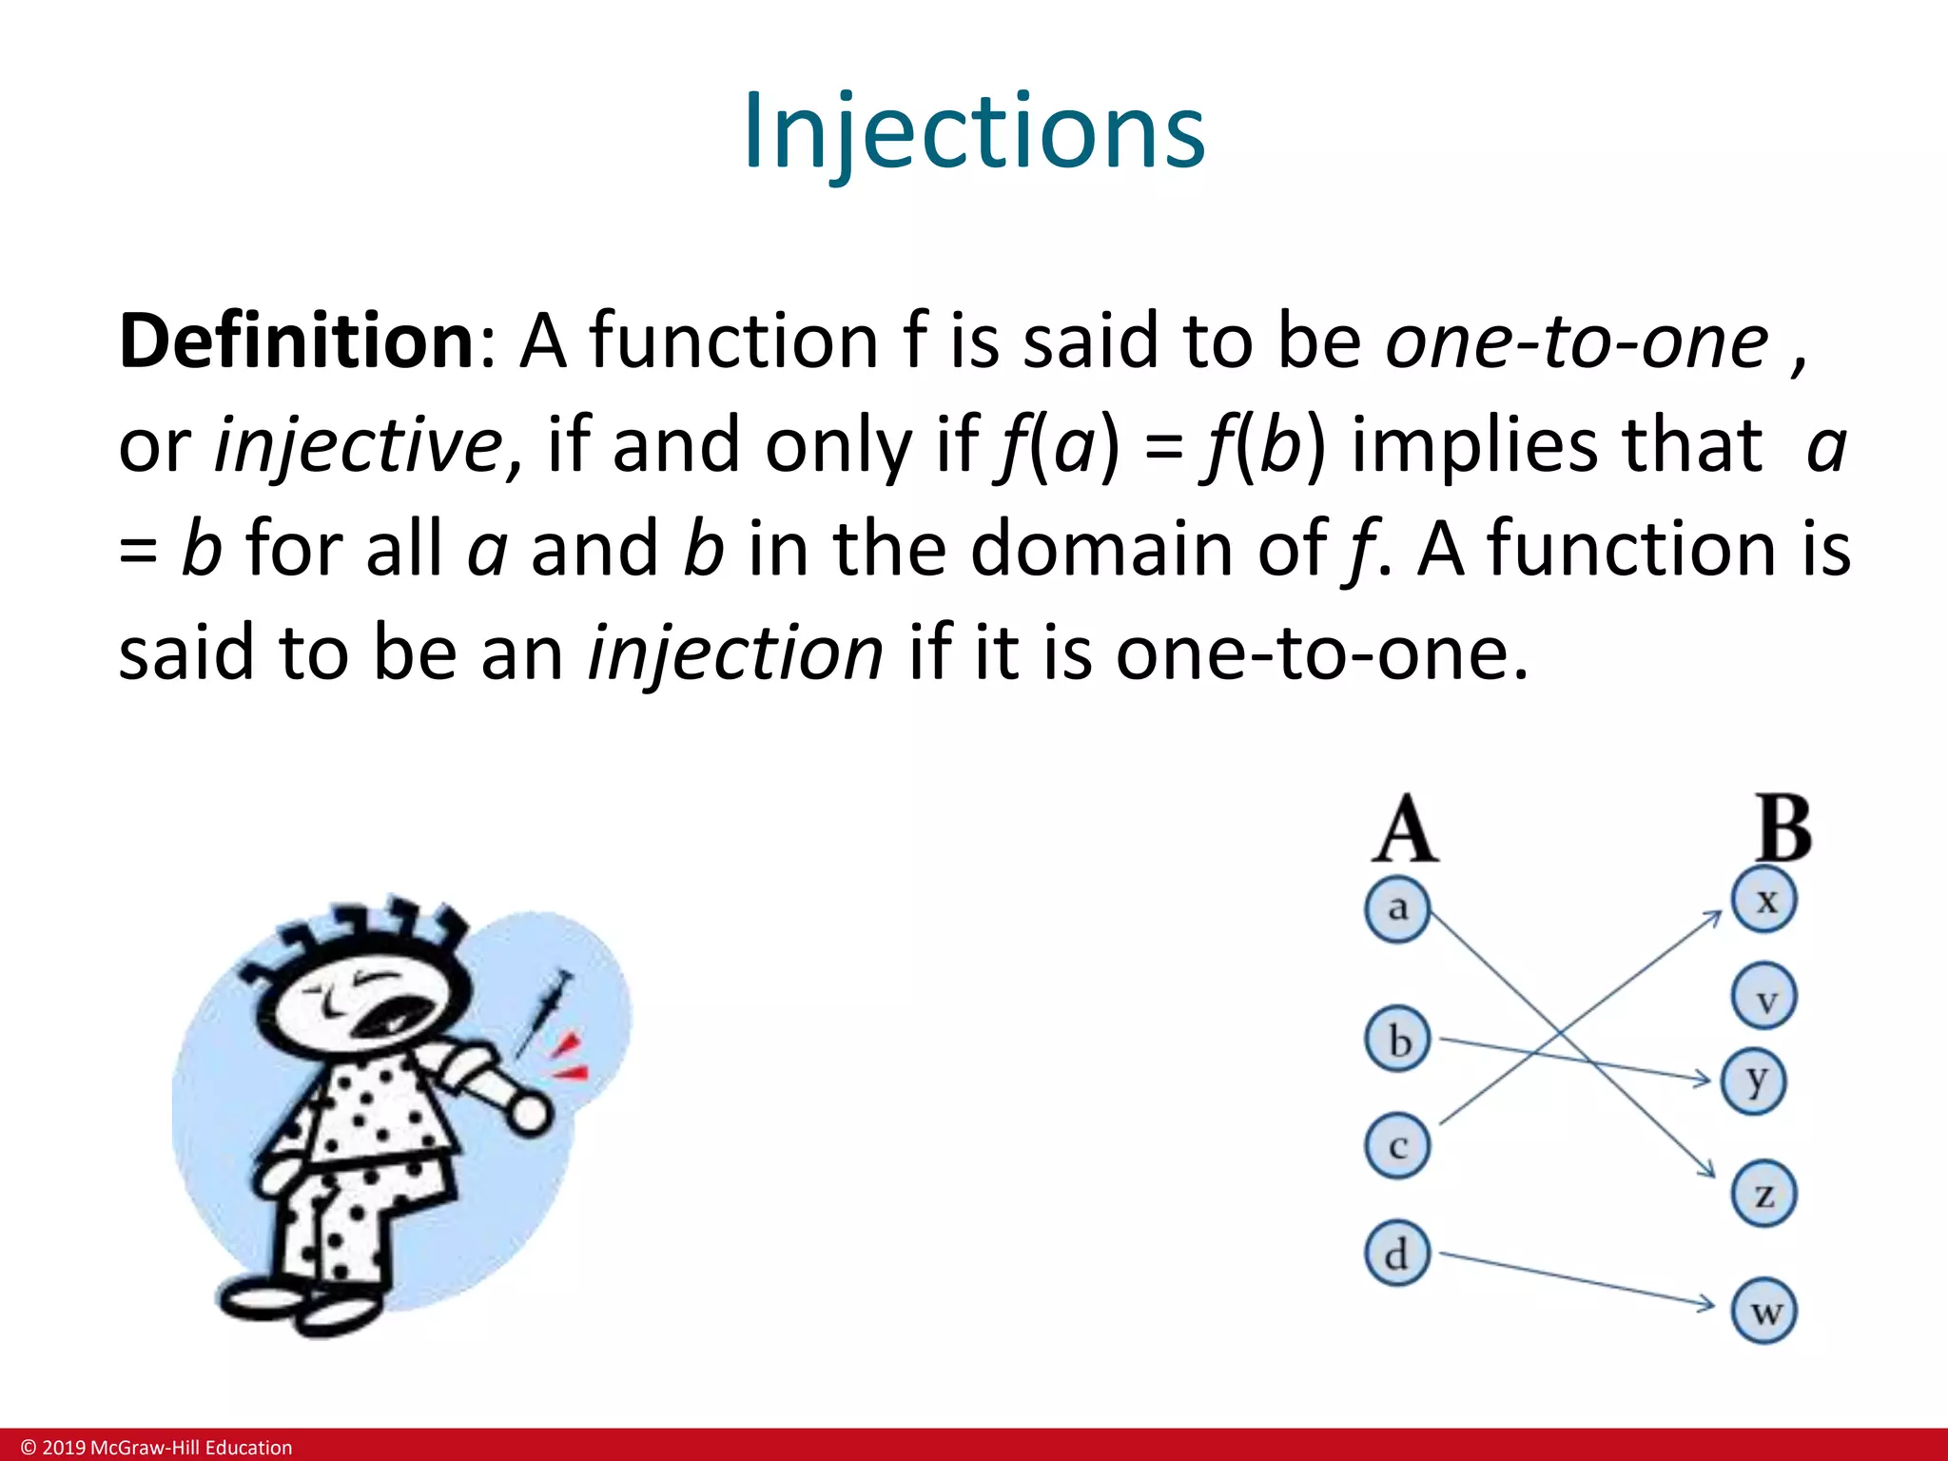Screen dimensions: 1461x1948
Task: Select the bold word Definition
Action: pyautogui.click(x=296, y=341)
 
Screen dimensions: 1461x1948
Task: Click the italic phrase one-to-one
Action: pyautogui.click(x=1576, y=341)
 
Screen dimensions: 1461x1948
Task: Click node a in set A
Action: pyautogui.click(x=1396, y=908)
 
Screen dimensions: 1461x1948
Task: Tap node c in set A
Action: pyautogui.click(x=1396, y=1146)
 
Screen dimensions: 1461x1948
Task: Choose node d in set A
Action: pyautogui.click(x=1396, y=1254)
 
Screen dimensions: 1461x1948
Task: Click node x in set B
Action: pyautogui.click(x=1764, y=900)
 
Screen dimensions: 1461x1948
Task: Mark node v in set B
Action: pyautogui.click(x=1765, y=997)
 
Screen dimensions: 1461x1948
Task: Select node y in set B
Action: pyautogui.click(x=1755, y=1081)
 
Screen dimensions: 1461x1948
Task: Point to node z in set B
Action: pyautogui.click(x=1764, y=1194)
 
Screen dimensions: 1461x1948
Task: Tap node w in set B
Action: pyautogui.click(x=1765, y=1312)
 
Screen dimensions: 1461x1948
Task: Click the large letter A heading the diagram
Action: pyautogui.click(x=1405, y=829)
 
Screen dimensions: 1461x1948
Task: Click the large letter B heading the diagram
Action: pyautogui.click(x=1783, y=829)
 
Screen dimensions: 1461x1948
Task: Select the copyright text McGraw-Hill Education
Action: pyautogui.click(x=190, y=1448)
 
